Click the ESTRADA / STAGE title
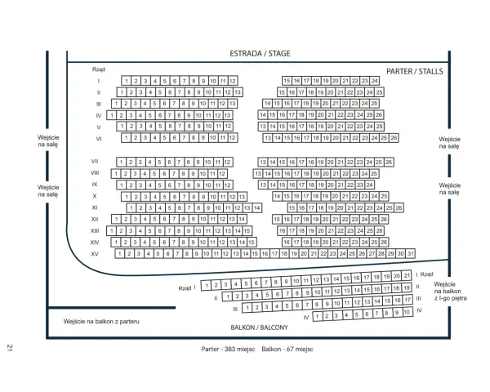click(x=260, y=54)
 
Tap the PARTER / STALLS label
click(x=415, y=72)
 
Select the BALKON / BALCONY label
click(x=260, y=327)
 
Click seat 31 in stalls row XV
click(x=410, y=253)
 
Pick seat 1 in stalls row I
click(x=127, y=81)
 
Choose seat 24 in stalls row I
click(x=374, y=81)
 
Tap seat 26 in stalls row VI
click(x=394, y=138)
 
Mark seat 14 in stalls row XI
click(x=257, y=208)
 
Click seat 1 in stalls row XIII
click(x=112, y=231)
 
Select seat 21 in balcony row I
click(x=407, y=275)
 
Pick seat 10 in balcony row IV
click(x=407, y=312)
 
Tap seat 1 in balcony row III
click(x=247, y=308)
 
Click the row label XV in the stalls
click(x=95, y=254)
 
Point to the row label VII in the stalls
click(x=95, y=162)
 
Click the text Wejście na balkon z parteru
click(x=101, y=321)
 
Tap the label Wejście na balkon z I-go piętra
click(x=450, y=292)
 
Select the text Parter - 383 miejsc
click(x=228, y=350)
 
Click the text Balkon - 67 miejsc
click(x=287, y=350)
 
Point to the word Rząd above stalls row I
click(x=99, y=69)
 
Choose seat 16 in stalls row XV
click(x=265, y=253)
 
